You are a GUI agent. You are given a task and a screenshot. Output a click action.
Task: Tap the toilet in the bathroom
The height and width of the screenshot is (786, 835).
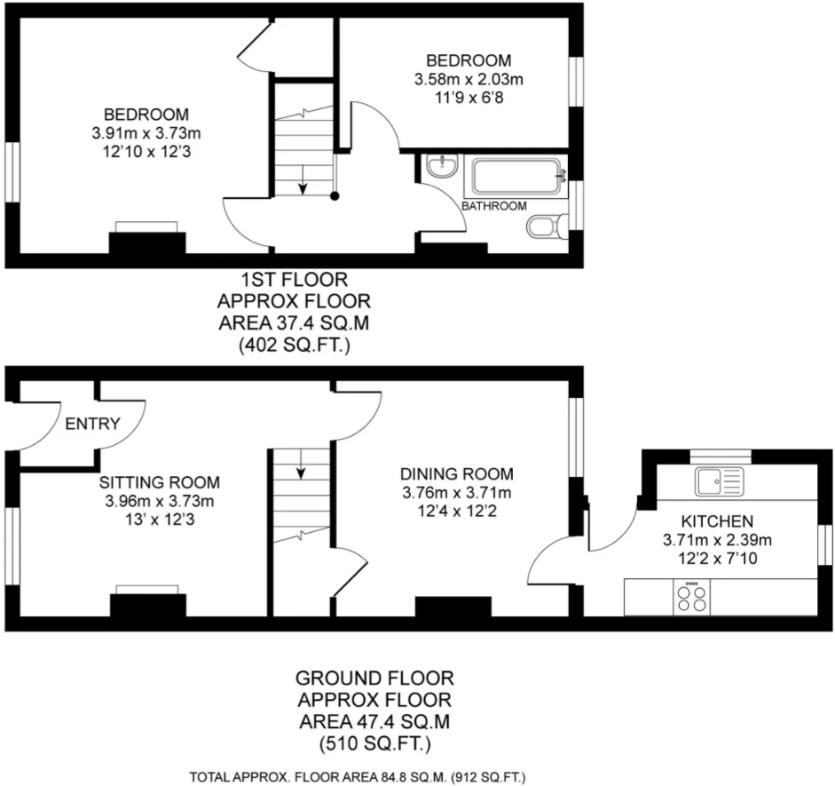pyautogui.click(x=547, y=226)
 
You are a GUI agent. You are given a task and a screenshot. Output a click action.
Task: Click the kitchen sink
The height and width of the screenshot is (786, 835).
pyautogui.click(x=719, y=481)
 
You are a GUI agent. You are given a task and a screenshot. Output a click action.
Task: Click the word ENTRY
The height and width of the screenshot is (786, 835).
pyautogui.click(x=92, y=424)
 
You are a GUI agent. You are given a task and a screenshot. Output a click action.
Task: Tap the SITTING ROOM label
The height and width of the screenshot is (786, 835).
pyautogui.click(x=159, y=482)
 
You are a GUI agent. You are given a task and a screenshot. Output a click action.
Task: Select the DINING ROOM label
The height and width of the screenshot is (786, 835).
pyautogui.click(x=457, y=473)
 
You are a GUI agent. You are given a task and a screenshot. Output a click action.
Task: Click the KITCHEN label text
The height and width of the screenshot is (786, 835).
pyautogui.click(x=717, y=520)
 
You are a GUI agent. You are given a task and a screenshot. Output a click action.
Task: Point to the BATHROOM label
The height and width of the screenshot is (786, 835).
pyautogui.click(x=494, y=206)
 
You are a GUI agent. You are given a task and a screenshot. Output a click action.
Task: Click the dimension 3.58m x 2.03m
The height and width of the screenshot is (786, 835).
pyautogui.click(x=469, y=79)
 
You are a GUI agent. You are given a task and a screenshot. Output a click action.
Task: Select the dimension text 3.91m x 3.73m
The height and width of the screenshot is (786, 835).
pyautogui.click(x=146, y=133)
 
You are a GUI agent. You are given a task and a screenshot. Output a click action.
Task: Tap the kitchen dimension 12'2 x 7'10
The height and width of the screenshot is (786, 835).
pyautogui.click(x=717, y=559)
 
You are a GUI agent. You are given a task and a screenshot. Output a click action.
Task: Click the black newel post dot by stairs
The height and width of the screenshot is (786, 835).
pyautogui.click(x=335, y=196)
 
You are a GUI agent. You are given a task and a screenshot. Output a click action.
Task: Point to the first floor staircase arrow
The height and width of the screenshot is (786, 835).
pyautogui.click(x=303, y=179)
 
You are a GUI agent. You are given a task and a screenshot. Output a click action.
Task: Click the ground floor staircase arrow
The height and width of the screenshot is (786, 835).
pyautogui.click(x=301, y=464)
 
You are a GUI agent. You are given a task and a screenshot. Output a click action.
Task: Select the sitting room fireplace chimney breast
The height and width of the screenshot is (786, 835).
pyautogui.click(x=148, y=606)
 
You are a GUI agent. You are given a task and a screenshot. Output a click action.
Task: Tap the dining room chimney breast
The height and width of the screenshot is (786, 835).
pyautogui.click(x=453, y=607)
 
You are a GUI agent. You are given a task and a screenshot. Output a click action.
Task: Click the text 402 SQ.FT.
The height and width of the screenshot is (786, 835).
pyautogui.click(x=294, y=345)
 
